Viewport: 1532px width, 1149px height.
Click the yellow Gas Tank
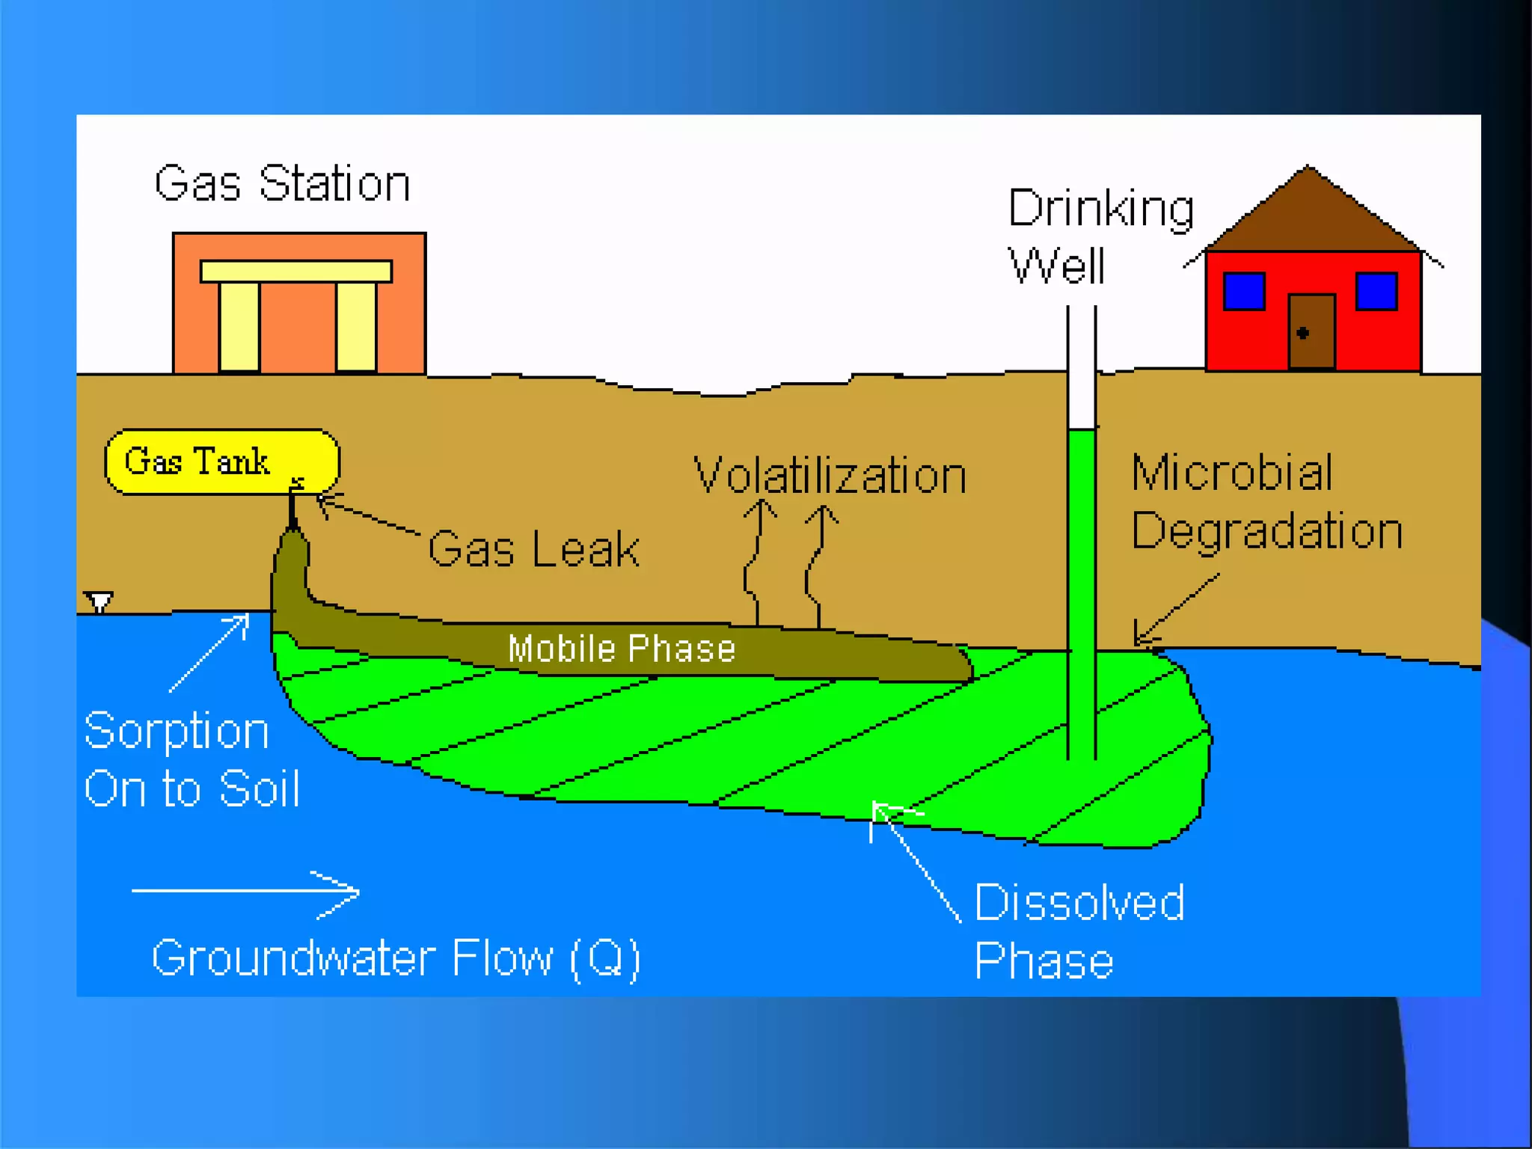[x=222, y=462]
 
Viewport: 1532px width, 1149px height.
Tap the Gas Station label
[x=282, y=183]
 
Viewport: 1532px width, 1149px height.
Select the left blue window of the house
[x=1244, y=292]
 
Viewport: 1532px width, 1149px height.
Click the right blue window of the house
[x=1376, y=292]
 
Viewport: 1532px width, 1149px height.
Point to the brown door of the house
[x=1311, y=331]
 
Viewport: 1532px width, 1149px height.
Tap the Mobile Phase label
[x=622, y=649]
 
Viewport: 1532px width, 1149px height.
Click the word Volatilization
[x=830, y=475]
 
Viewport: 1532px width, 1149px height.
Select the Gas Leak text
[x=533, y=549]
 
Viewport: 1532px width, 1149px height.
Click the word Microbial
[x=1232, y=473]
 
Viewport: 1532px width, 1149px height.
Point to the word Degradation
[x=1266, y=531]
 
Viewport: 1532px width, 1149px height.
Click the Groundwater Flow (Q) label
[x=396, y=957]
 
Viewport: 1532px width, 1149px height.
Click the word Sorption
[x=177, y=731]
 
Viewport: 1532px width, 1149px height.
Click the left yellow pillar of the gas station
[x=239, y=326]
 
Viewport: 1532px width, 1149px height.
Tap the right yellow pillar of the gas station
[x=356, y=326]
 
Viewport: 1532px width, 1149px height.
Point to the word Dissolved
[x=1079, y=902]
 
